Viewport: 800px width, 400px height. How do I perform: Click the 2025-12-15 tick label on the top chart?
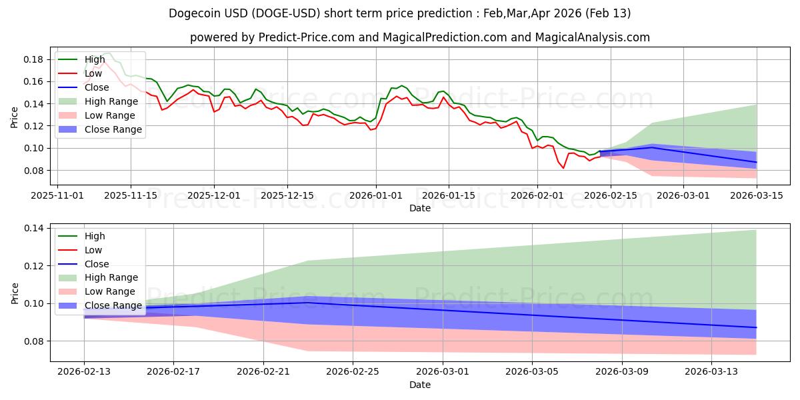click(287, 195)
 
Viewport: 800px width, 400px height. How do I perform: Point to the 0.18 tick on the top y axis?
click(34, 59)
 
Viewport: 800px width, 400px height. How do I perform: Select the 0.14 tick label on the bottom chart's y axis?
click(34, 228)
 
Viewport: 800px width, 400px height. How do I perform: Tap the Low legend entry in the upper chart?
click(93, 73)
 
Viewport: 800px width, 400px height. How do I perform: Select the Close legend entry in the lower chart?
click(97, 264)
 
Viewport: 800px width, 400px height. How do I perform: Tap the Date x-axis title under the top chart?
click(420, 208)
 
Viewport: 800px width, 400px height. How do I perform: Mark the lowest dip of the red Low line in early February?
click(563, 167)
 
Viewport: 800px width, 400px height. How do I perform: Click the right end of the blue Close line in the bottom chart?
click(756, 327)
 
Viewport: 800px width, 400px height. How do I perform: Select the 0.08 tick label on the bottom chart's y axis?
click(34, 341)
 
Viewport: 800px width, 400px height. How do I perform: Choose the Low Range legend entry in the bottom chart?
click(109, 291)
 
